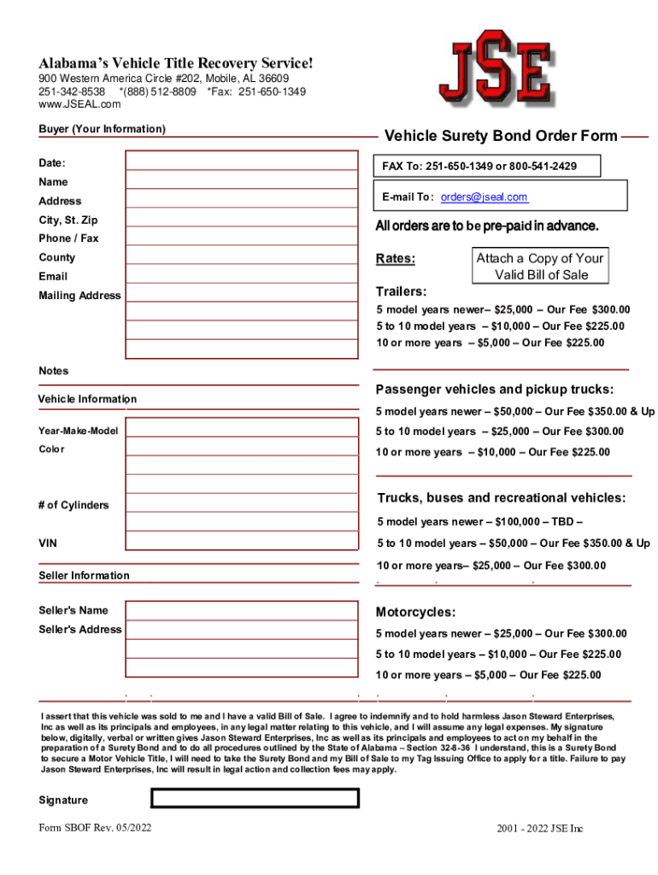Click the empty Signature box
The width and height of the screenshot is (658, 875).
[x=255, y=798]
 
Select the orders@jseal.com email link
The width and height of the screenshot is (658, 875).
[x=484, y=197]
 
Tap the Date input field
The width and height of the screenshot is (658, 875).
[x=242, y=161]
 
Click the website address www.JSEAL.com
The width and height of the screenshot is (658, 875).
[x=79, y=104]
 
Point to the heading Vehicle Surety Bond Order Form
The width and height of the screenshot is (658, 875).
[x=501, y=136]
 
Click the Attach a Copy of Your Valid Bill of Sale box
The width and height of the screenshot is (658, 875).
[x=539, y=267]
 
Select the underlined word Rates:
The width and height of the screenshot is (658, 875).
[x=396, y=259]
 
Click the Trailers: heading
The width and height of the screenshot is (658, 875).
[x=402, y=291]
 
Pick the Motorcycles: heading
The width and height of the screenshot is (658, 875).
[x=415, y=613]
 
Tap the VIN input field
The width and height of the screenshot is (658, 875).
[x=242, y=542]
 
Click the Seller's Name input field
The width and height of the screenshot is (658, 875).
[x=242, y=609]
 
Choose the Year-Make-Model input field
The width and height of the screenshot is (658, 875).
[x=242, y=429]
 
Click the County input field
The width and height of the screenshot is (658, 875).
[x=242, y=255]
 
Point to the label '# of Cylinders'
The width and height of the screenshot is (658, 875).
[x=73, y=505]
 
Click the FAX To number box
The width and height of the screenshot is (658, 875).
[x=485, y=165]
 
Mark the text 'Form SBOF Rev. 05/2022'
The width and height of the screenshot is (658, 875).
[x=95, y=828]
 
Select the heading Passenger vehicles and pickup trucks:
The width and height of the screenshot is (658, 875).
[x=495, y=390]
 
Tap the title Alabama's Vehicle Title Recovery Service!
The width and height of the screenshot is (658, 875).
[x=175, y=63]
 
